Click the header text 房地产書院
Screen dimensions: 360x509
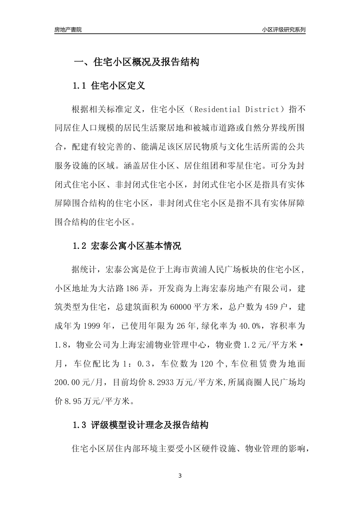coord(68,30)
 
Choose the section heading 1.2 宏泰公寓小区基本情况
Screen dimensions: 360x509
coord(127,246)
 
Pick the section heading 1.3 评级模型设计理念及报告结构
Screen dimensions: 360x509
coord(140,425)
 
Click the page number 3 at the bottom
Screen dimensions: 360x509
coord(180,476)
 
